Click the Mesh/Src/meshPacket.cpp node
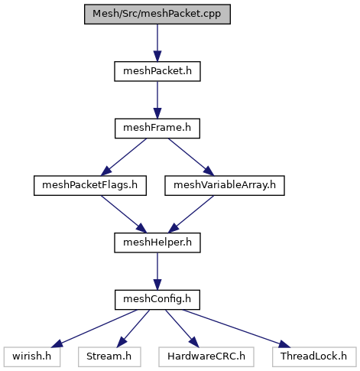pyautogui.click(x=157, y=15)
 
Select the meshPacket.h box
pyautogui.click(x=157, y=71)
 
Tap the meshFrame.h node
pyautogui.click(x=157, y=129)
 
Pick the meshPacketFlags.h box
pyautogui.click(x=90, y=186)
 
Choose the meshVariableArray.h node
pyautogui.click(x=225, y=186)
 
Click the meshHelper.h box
pyautogui.click(x=157, y=242)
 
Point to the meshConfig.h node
pyautogui.click(x=157, y=300)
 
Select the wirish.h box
pyautogui.click(x=32, y=357)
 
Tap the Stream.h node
pyautogui.click(x=109, y=357)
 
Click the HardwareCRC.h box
pyautogui.click(x=206, y=357)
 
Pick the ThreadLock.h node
pyautogui.click(x=314, y=357)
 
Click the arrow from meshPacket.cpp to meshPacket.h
pyautogui.click(x=157, y=43)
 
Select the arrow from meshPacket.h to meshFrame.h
pyautogui.click(x=157, y=100)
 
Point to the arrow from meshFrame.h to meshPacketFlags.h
pyautogui.click(x=124, y=157)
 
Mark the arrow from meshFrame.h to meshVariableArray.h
pyautogui.click(x=191, y=157)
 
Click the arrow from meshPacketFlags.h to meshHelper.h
pyautogui.click(x=124, y=214)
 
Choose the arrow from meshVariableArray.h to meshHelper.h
pyautogui.click(x=191, y=214)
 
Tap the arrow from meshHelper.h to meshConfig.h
pyautogui.click(x=157, y=272)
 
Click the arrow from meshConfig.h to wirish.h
pyautogui.click(x=94, y=328)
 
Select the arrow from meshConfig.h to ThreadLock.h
pyautogui.click(x=236, y=328)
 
